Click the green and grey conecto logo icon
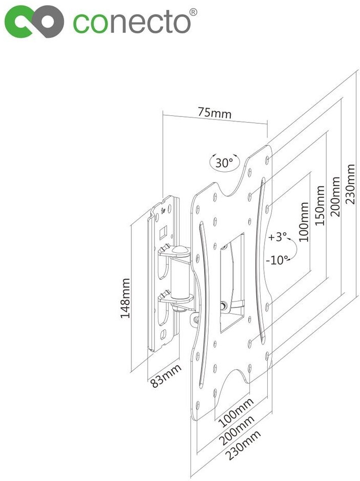pyautogui.click(x=34, y=22)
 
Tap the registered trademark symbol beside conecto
pyautogui.click(x=193, y=11)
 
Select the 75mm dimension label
pyautogui.click(x=214, y=112)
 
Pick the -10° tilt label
pyautogui.click(x=277, y=259)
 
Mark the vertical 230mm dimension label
pyautogui.click(x=351, y=184)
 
